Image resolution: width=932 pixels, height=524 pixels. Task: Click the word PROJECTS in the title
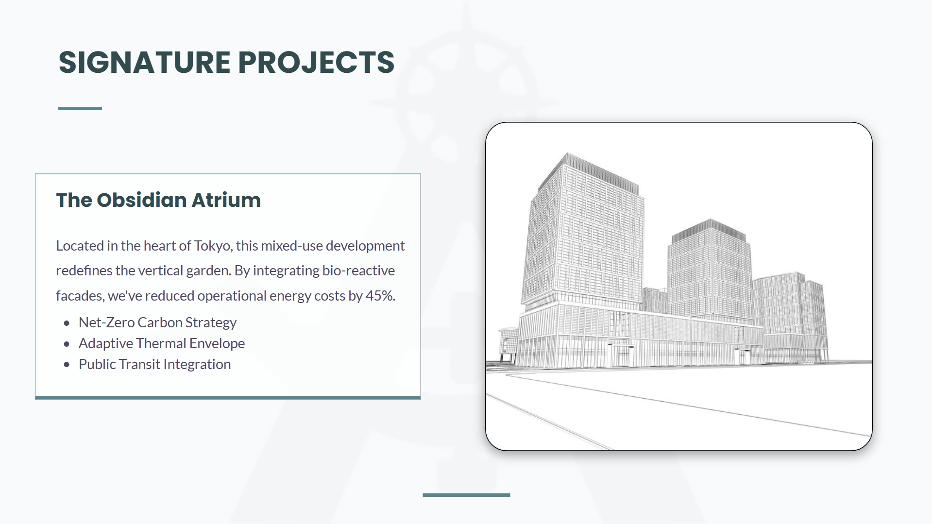316,62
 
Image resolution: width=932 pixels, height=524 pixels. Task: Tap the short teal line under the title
80,108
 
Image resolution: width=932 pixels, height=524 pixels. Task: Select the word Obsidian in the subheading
142,200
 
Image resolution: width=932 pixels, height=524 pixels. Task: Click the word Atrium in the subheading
226,200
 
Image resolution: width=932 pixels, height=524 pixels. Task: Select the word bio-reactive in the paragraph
358,270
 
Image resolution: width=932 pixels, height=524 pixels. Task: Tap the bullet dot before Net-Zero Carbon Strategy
67,323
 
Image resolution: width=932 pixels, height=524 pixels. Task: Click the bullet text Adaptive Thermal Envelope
162,343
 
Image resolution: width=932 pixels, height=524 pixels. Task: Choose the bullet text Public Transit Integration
155,364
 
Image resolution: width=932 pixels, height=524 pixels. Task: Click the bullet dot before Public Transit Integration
67,365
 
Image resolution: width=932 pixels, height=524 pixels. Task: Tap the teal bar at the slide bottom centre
466,495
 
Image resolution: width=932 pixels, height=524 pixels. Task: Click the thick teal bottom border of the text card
228,398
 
